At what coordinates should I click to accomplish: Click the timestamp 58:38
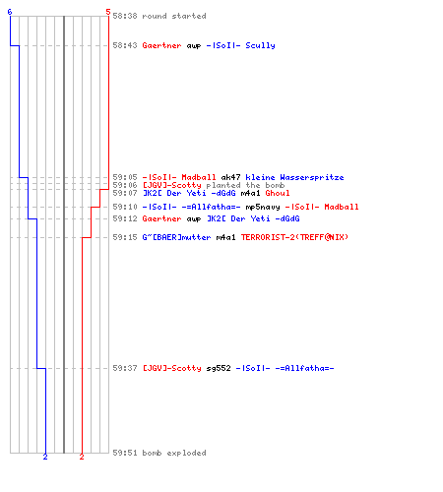125,16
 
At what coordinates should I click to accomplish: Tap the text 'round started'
174,16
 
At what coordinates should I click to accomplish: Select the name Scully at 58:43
260,45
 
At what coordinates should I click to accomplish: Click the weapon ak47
230,177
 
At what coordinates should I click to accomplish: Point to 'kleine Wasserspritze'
294,178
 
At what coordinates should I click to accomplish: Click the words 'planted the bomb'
245,185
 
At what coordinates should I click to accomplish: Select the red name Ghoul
278,193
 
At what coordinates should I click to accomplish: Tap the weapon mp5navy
263,207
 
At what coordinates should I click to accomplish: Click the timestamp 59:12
125,218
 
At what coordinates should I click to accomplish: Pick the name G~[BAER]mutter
176,237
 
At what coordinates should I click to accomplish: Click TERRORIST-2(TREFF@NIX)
294,237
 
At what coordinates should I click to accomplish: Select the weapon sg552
219,368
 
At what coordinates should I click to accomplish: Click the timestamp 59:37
125,368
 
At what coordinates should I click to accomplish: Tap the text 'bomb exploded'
174,453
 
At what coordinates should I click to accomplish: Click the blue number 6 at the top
10,12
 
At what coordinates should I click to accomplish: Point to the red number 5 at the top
108,12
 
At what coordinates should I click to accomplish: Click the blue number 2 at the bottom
45,457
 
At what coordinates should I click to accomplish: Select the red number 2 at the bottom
82,457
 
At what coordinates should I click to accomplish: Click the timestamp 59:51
125,453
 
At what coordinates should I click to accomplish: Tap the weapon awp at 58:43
194,46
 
